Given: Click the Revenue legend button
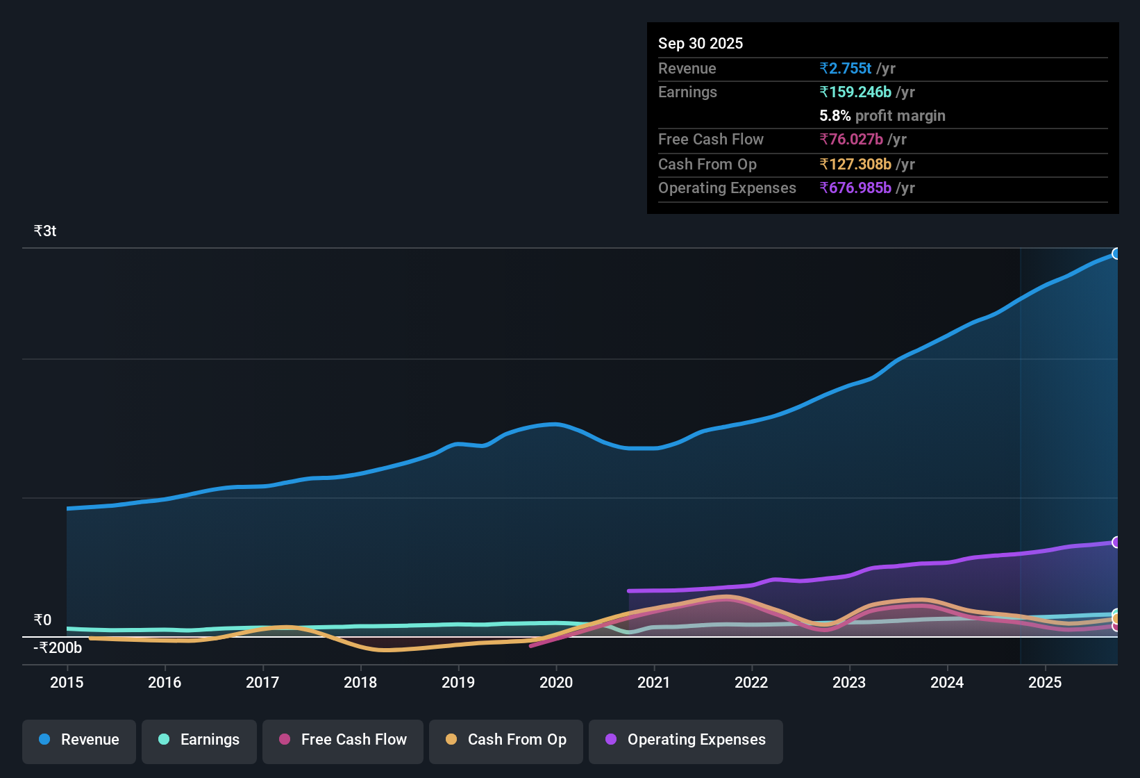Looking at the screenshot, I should click(79, 740).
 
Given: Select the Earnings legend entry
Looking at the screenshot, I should click(199, 740).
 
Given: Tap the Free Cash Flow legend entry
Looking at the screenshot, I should click(343, 740).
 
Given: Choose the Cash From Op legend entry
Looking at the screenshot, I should click(506, 740).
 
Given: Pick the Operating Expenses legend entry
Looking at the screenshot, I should click(686, 740).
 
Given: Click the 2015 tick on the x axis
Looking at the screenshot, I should click(67, 682).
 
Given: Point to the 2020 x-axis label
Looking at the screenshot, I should click(556, 682).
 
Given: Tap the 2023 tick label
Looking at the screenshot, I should click(849, 682).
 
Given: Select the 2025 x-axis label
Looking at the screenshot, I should click(1045, 682).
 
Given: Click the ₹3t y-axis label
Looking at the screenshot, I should click(45, 231).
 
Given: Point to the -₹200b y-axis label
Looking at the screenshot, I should click(58, 648).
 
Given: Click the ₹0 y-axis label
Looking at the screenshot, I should click(43, 620).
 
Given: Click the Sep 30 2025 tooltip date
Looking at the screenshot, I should click(701, 44).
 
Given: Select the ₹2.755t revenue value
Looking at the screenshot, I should click(846, 69).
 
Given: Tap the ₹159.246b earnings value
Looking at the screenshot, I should click(855, 92).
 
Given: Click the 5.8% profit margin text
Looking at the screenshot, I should click(882, 116).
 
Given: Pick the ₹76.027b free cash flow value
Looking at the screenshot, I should click(851, 140).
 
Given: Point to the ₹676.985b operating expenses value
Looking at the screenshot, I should click(855, 188).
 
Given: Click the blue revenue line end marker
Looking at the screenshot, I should click(1116, 254).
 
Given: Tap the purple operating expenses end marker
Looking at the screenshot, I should click(1116, 542).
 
